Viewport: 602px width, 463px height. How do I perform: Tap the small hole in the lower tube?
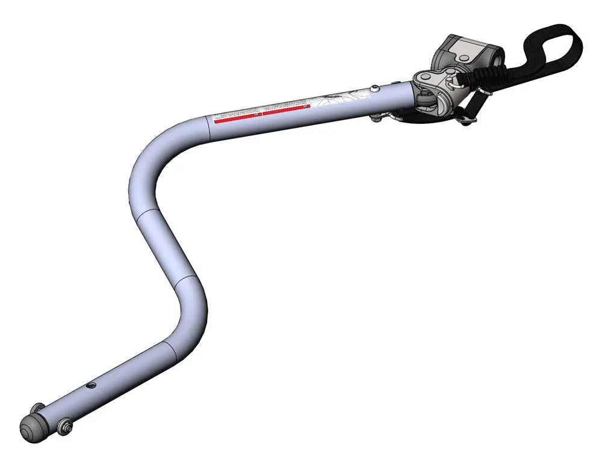pyautogui.click(x=92, y=384)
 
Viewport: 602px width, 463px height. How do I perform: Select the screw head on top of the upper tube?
pyautogui.click(x=375, y=88)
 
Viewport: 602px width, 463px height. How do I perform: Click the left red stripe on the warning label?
pyautogui.click(x=238, y=116)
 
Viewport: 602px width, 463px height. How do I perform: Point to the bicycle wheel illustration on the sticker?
pyautogui.click(x=334, y=98)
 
